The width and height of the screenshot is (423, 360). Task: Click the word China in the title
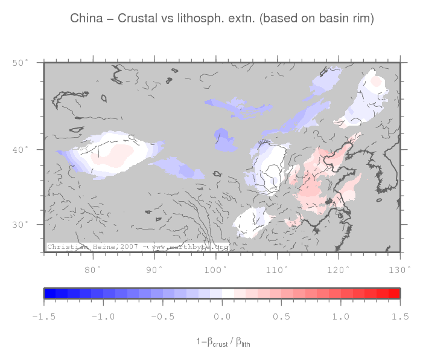(86, 19)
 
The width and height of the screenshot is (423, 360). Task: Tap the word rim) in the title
(363, 19)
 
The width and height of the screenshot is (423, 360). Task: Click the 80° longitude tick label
(93, 269)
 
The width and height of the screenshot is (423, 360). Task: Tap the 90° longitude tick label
(154, 269)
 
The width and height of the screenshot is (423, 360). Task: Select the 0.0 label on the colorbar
(222, 317)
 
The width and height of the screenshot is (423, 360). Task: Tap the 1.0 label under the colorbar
(342, 317)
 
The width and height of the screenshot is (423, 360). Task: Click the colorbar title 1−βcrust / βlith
(223, 342)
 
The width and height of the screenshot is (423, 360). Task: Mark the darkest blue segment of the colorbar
(50, 294)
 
